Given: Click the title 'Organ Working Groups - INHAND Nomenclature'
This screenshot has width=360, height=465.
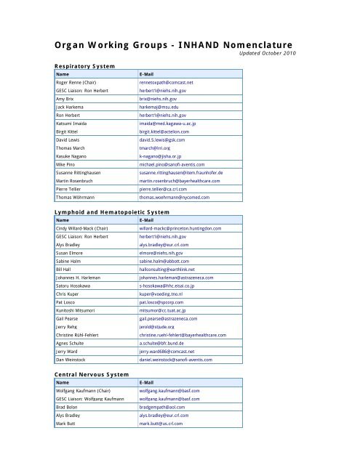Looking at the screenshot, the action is pyautogui.click(x=180, y=43).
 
